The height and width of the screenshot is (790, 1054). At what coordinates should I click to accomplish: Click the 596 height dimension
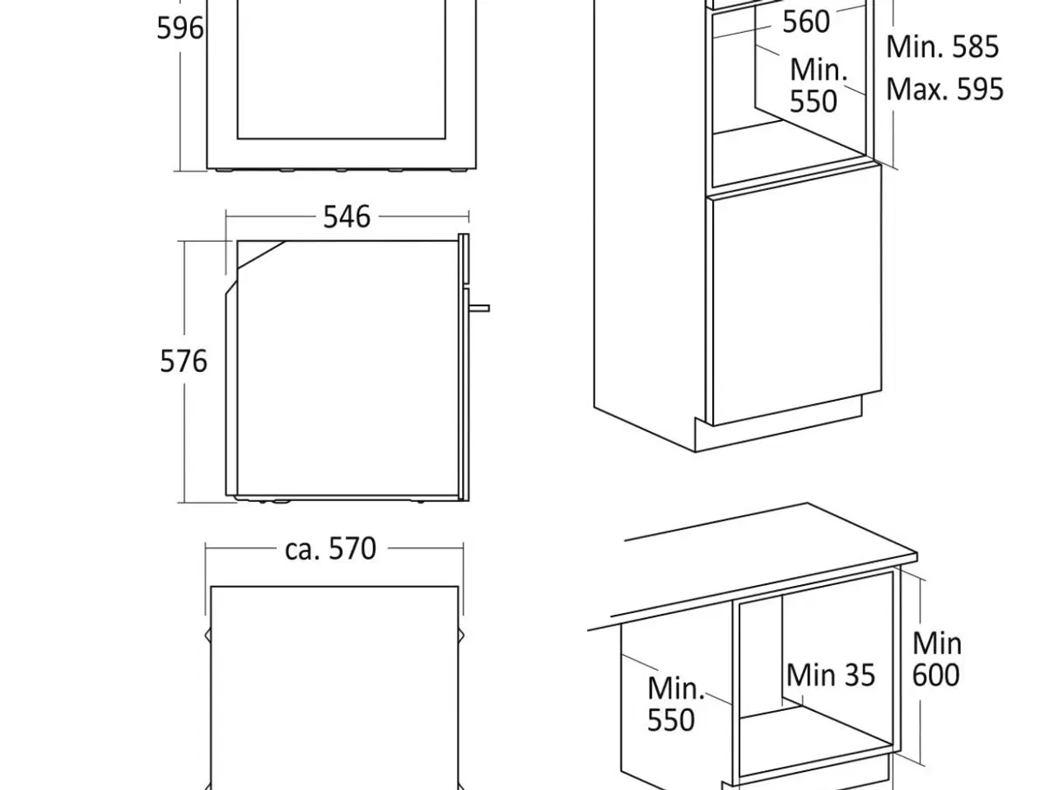[x=180, y=28]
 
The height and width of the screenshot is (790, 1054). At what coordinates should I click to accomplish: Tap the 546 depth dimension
[x=347, y=216]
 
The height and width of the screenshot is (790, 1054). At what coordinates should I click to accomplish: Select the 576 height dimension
[x=184, y=361]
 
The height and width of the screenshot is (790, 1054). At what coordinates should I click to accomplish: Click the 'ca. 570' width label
[x=330, y=549]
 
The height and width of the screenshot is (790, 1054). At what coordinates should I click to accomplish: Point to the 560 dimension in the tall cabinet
[x=806, y=21]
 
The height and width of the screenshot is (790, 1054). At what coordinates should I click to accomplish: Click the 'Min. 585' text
[x=942, y=47]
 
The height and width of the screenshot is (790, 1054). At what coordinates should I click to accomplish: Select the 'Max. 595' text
[x=944, y=89]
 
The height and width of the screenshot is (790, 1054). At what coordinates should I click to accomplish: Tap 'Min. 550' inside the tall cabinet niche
[x=818, y=86]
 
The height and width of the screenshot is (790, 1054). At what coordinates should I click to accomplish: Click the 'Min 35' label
[x=831, y=676]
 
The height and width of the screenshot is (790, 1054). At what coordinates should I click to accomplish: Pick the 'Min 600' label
[x=936, y=659]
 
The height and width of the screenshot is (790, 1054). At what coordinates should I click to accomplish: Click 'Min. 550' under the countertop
[x=675, y=704]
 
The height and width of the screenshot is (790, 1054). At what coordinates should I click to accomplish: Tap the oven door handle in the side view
[x=479, y=308]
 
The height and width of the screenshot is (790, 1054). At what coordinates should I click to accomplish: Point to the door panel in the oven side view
[x=464, y=367]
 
